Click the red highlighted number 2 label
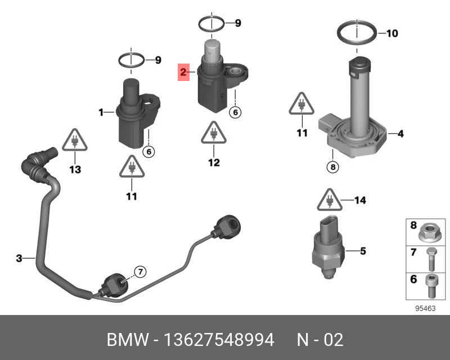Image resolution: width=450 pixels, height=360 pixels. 183,72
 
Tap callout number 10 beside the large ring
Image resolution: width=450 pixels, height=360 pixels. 392,33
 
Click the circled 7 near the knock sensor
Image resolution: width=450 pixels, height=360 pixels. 140,272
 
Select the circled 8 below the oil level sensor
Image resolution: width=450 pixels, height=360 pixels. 333,167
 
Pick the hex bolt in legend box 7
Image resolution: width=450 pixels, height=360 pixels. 431,259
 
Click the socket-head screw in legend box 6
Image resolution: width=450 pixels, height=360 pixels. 431,286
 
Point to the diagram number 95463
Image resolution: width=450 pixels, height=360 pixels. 425,309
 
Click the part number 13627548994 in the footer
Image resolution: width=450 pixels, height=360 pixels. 219,340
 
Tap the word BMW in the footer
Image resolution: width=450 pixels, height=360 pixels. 128,340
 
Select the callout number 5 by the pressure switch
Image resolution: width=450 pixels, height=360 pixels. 363,251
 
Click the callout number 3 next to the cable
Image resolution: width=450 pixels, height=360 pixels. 19,258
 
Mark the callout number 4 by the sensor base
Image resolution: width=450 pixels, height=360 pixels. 400,134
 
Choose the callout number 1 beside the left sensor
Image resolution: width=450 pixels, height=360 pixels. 101,112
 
